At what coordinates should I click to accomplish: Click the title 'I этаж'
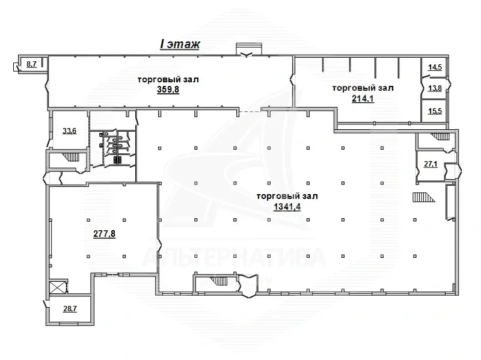(179, 44)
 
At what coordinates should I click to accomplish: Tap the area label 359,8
(168, 90)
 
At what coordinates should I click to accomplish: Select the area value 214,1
(363, 99)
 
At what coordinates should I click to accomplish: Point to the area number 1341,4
(287, 207)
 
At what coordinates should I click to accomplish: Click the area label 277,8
(104, 234)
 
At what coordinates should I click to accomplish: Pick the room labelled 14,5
(434, 67)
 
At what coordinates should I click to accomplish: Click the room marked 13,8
(434, 88)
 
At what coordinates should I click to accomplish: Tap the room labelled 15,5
(434, 112)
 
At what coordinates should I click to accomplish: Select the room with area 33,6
(69, 130)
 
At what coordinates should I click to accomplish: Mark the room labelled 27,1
(430, 164)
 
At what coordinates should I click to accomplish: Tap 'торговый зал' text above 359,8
(168, 79)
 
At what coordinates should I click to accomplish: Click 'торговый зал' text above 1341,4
(287, 197)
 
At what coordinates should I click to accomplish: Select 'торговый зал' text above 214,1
(363, 88)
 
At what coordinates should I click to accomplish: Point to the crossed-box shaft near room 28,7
(59, 288)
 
